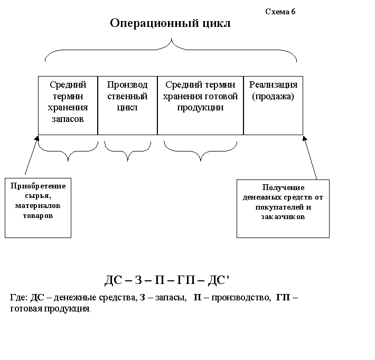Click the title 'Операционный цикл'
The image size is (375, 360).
pos(170,24)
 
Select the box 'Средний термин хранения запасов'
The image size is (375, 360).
pos(68,105)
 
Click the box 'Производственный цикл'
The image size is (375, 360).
pos(127,105)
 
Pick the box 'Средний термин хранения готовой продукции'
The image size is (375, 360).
pos(200,105)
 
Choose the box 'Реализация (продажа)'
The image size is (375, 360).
pos(273,105)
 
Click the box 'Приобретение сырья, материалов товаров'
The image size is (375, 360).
pos(38,208)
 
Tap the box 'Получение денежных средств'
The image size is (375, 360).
pos(283,208)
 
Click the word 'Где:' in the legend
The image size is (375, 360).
pos(20,298)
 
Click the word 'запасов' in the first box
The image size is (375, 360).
pos(68,119)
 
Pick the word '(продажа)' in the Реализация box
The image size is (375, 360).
pos(273,97)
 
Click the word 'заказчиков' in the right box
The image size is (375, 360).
pos(283,217)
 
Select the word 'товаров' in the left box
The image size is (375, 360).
pos(38,216)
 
